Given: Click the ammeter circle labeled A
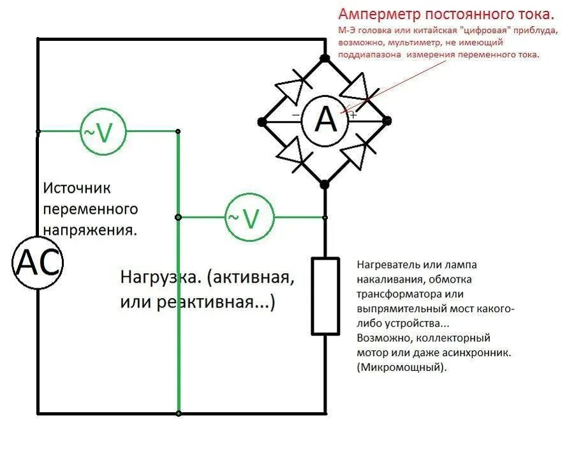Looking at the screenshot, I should click(325, 120).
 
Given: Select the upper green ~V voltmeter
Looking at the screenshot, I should click(103, 132).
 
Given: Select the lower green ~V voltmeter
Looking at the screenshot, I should click(250, 218).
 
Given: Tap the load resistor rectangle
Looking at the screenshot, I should click(325, 295).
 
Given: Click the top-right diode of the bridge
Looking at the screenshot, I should click(357, 89).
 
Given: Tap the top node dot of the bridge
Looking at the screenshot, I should click(324, 59).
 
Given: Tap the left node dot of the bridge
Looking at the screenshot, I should click(261, 121).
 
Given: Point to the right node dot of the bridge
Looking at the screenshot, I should click(387, 120).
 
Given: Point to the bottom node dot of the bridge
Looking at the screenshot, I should click(324, 184).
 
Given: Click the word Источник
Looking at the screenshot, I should click(77, 188).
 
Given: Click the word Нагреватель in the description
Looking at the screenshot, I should click(390, 265).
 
